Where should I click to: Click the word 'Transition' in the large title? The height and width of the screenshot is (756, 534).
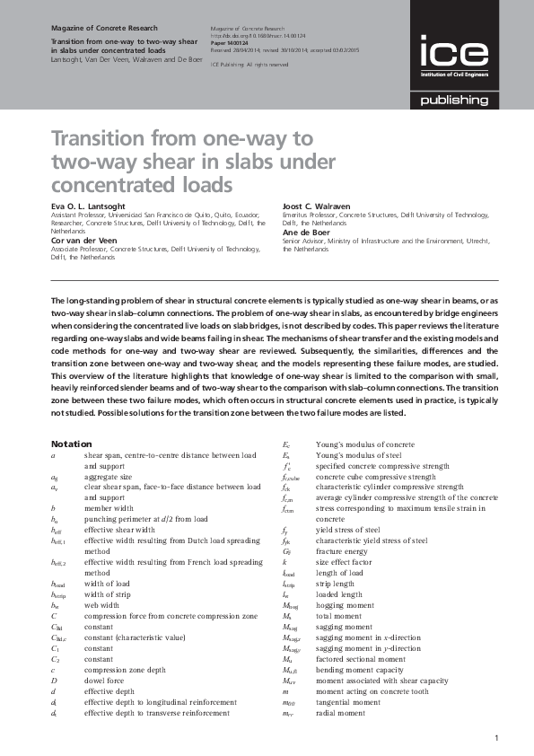coord(101,140)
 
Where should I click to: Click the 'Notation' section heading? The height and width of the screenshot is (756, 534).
coord(70,444)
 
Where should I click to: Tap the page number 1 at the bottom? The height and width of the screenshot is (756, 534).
coord(495,738)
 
